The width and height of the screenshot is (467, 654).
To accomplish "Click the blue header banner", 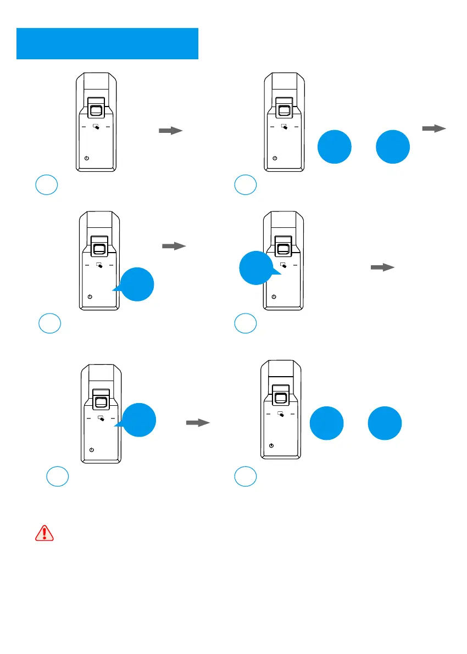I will click(x=107, y=43).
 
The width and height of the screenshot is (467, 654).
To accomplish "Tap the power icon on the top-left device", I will click(x=87, y=158).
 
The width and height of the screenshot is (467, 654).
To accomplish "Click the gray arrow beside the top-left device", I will click(x=170, y=131).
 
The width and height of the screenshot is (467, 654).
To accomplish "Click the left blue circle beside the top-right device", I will click(x=335, y=147).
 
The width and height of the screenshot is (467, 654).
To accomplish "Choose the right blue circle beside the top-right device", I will click(x=393, y=147).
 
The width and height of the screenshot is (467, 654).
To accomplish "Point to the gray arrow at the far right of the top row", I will click(x=433, y=128).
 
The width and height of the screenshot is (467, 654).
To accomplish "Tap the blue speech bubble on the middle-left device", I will click(x=136, y=284).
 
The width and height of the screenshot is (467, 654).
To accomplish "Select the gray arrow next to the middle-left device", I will click(x=174, y=247).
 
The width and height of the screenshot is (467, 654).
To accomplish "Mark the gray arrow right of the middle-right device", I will click(x=382, y=267).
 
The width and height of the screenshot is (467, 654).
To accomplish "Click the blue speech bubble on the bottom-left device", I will click(x=138, y=420).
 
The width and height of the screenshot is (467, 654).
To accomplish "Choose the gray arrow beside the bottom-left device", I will click(x=198, y=423).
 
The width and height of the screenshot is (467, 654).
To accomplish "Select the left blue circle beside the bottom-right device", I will click(x=327, y=423).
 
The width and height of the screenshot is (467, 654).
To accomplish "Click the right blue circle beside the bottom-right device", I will click(x=384, y=423).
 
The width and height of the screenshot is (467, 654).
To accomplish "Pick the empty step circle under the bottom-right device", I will click(x=246, y=476).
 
